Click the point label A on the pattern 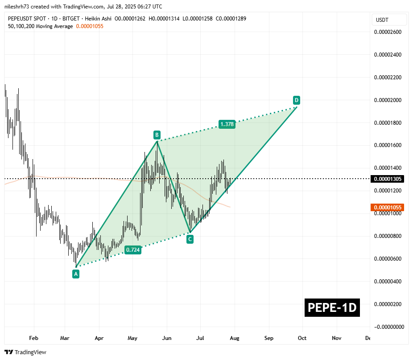pyautogui.click(x=76, y=274)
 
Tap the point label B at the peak pyautogui.click(x=157, y=135)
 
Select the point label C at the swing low pyautogui.click(x=190, y=239)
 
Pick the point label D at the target pyautogui.click(x=296, y=99)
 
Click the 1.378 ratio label pyautogui.click(x=227, y=124)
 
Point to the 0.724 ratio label pyautogui.click(x=133, y=250)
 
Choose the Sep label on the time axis pyautogui.click(x=268, y=338)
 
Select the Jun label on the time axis pyautogui.click(x=167, y=338)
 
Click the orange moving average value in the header pyautogui.click(x=90, y=26)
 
